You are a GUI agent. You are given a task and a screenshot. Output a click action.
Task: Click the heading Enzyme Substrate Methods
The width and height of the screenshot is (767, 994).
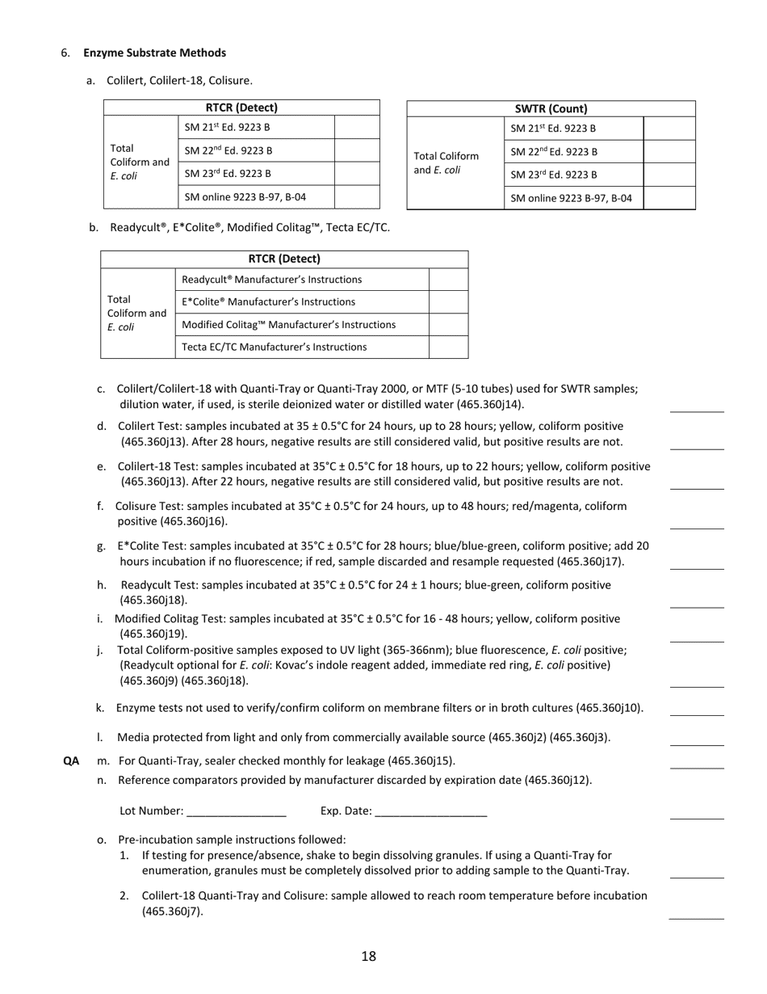(x=154, y=53)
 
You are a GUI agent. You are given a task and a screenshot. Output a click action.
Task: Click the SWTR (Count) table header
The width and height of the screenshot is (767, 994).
(x=551, y=108)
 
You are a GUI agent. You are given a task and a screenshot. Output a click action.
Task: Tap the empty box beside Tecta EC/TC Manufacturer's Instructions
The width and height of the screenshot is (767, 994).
(x=448, y=347)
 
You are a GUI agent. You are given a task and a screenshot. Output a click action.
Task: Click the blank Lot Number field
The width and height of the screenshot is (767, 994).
(x=236, y=811)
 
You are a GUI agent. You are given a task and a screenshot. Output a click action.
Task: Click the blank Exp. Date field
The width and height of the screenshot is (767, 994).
(x=431, y=811)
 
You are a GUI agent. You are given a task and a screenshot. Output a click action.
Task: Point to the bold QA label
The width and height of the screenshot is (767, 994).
(x=71, y=760)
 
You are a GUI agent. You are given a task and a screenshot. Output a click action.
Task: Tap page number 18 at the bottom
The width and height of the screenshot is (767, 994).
(x=368, y=957)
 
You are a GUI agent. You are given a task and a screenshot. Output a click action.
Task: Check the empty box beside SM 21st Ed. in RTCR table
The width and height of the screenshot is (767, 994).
(x=357, y=127)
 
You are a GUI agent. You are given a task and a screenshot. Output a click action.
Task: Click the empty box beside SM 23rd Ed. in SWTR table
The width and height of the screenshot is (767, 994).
(x=669, y=175)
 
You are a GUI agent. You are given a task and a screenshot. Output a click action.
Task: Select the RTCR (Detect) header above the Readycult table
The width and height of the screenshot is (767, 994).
(x=284, y=259)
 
